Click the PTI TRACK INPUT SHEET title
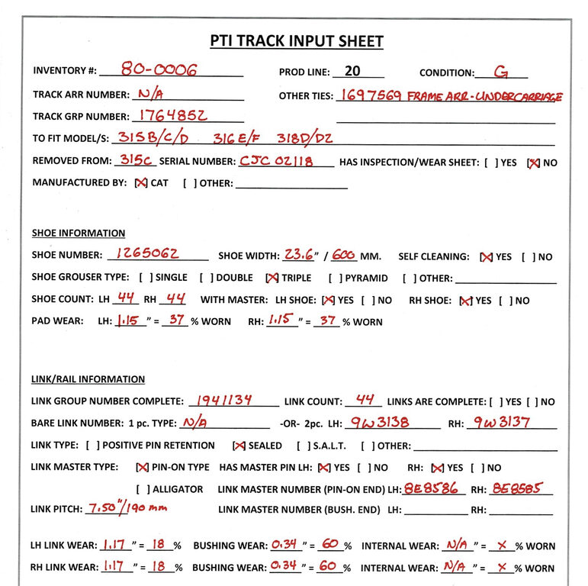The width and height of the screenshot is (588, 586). pos(297,41)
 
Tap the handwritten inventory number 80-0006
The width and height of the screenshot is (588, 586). pos(159,70)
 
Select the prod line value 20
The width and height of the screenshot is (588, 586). pos(352,71)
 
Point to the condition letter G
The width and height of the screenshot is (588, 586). pos(501,72)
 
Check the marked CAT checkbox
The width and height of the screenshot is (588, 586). pos(140,183)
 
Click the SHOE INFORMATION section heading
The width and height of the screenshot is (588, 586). pos(79,233)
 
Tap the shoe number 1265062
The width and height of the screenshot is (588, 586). pos(153,255)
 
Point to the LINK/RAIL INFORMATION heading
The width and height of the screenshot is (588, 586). pos(88,379)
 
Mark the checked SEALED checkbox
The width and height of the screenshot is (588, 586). pos(239,446)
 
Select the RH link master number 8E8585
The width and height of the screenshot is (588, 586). pos(517,488)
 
